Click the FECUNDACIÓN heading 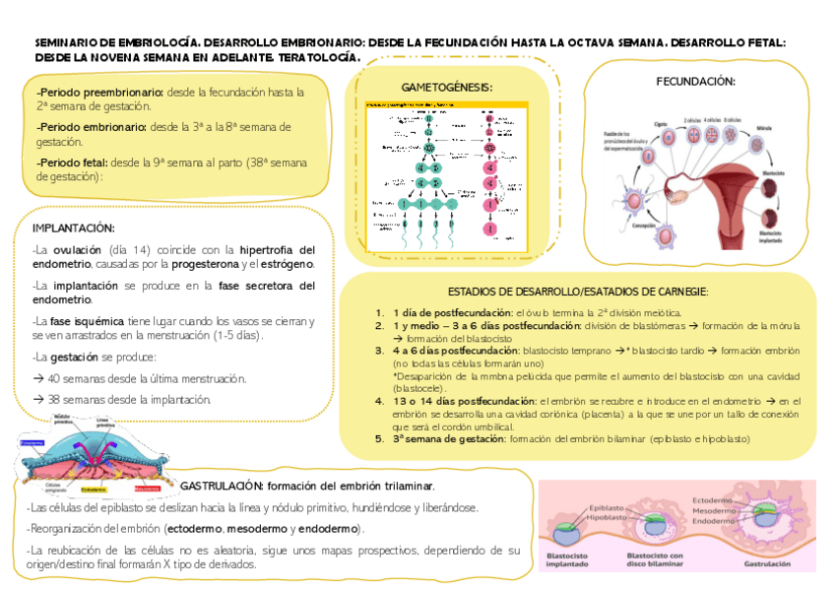[x=695, y=81]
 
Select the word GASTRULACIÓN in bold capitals [x=222, y=487]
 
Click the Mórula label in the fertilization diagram [x=763, y=129]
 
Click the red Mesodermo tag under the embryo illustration [x=147, y=489]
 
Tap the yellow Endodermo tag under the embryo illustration [x=95, y=489]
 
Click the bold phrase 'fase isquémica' [x=81, y=321]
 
